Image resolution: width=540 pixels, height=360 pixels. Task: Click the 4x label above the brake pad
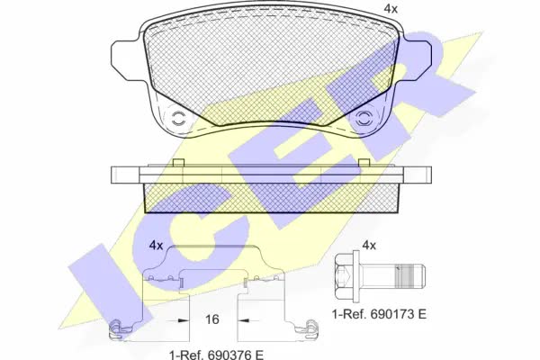click(391, 9)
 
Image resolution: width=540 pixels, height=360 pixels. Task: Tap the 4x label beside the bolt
click(369, 246)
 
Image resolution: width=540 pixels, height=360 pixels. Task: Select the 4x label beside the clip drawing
click(156, 246)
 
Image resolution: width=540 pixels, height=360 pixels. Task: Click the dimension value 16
click(212, 319)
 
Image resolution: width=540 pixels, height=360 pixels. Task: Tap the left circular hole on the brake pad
click(179, 119)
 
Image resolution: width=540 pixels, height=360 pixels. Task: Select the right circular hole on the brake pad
click(364, 119)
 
